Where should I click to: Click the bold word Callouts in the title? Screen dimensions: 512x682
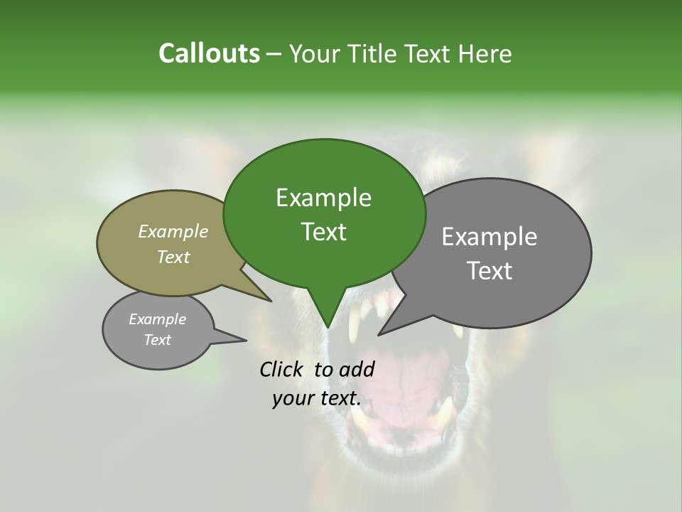(209, 53)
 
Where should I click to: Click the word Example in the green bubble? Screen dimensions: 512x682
(323, 198)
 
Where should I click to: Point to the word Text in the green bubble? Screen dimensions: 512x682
(323, 232)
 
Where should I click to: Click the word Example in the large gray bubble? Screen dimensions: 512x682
(489, 237)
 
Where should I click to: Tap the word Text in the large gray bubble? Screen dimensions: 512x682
(489, 271)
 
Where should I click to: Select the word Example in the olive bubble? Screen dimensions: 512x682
(173, 231)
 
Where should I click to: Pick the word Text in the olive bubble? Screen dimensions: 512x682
(173, 257)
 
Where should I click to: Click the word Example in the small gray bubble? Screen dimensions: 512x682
(158, 319)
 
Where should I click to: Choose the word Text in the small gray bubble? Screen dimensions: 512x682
(158, 340)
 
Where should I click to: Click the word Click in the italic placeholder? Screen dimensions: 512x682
(282, 369)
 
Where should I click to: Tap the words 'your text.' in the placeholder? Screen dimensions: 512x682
(317, 398)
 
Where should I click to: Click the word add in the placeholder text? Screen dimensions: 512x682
(357, 369)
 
